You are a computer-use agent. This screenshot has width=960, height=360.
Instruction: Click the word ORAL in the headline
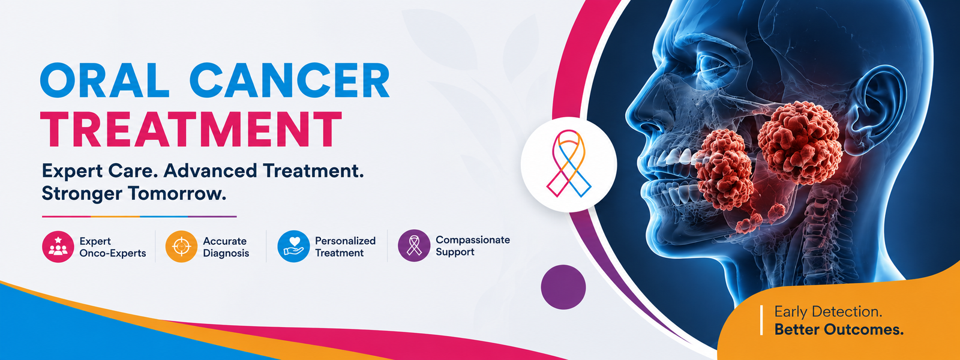[x=104, y=82]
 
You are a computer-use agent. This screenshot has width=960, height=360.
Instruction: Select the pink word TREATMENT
[x=191, y=129]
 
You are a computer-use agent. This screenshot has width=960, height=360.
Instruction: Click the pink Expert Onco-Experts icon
[x=58, y=247]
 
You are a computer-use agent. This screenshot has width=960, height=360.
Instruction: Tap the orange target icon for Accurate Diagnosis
[x=181, y=247]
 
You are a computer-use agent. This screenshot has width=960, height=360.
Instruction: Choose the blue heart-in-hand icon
[x=293, y=247]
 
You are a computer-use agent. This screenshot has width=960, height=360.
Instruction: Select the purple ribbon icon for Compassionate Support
[x=414, y=245]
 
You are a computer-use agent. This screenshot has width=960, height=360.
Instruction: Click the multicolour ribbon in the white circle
[x=569, y=164]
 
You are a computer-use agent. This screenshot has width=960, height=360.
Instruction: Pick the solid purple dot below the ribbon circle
[x=563, y=287]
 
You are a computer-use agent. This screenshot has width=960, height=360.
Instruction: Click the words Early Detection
[x=828, y=311]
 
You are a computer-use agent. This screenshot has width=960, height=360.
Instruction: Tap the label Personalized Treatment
[x=346, y=247]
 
